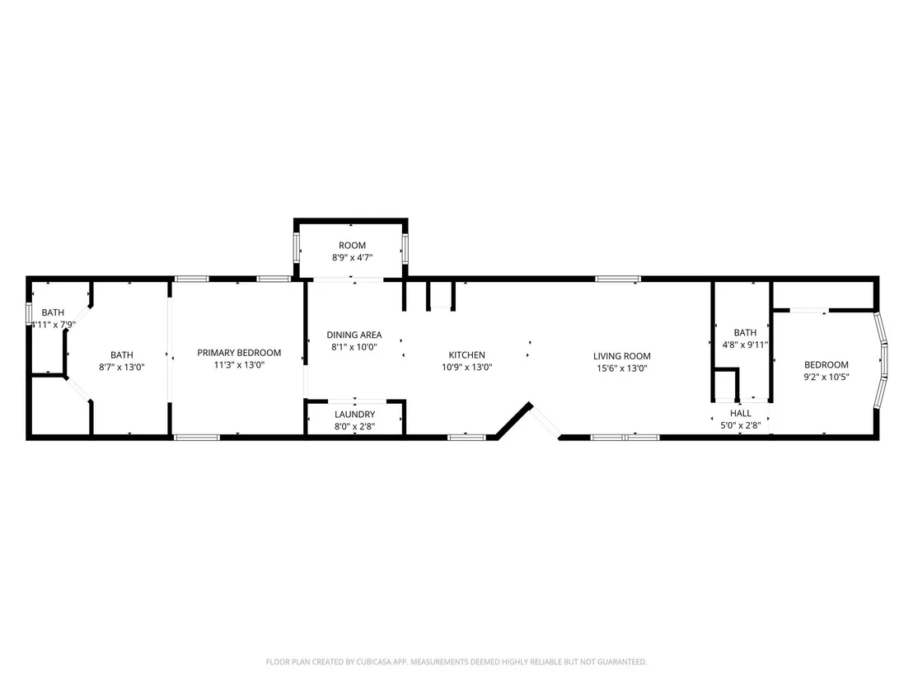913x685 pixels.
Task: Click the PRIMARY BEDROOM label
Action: point(239,353)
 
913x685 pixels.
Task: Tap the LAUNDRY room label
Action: point(354,414)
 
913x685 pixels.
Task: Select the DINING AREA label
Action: point(354,335)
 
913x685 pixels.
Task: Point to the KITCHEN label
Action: point(466,354)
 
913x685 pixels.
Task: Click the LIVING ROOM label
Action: point(622,356)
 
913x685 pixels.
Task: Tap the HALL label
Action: point(741,413)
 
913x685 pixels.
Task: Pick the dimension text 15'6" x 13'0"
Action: point(622,368)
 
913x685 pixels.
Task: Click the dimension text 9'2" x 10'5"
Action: point(826,377)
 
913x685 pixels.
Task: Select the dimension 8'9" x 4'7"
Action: point(353,257)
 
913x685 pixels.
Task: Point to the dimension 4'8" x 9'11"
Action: point(745,345)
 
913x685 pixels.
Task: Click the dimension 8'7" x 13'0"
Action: point(122,367)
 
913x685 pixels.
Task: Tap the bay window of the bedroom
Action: point(881,360)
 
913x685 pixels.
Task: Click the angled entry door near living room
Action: point(545,420)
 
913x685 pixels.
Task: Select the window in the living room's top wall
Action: point(618,279)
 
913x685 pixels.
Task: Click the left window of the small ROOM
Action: point(297,249)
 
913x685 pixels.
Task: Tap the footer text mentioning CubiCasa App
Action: point(456,662)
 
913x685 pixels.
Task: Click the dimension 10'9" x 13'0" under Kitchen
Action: point(466,367)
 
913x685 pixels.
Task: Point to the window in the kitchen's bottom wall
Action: point(466,437)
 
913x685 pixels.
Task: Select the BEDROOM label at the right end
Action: point(826,364)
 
